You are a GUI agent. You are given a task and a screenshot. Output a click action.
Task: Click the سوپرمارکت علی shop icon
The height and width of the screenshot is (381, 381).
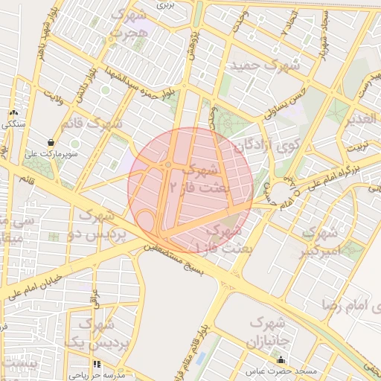click(51, 142)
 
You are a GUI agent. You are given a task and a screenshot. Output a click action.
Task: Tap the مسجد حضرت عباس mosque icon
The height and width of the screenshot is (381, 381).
click(280, 360)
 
